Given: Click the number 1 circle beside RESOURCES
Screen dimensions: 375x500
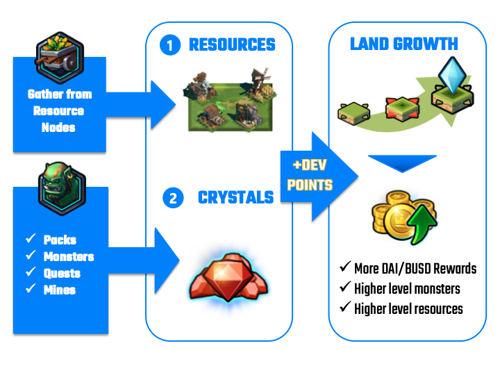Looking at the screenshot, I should pyautogui.click(x=169, y=47).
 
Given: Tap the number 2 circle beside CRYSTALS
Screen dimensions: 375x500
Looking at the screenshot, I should pyautogui.click(x=172, y=199).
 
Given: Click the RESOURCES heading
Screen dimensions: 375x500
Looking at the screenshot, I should pyautogui.click(x=232, y=46).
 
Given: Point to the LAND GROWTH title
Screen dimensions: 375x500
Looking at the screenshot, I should pyautogui.click(x=403, y=44).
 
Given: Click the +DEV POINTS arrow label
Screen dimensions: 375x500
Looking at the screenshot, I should pyautogui.click(x=310, y=177).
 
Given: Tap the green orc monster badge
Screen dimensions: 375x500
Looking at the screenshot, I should pyautogui.click(x=60, y=187).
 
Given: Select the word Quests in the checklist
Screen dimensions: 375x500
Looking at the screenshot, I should pyautogui.click(x=62, y=273).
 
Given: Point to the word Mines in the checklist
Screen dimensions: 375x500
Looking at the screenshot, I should pyautogui.click(x=60, y=290).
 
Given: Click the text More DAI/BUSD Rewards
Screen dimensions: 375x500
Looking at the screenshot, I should pyautogui.click(x=415, y=268).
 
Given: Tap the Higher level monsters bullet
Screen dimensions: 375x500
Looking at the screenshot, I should pyautogui.click(x=407, y=288).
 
